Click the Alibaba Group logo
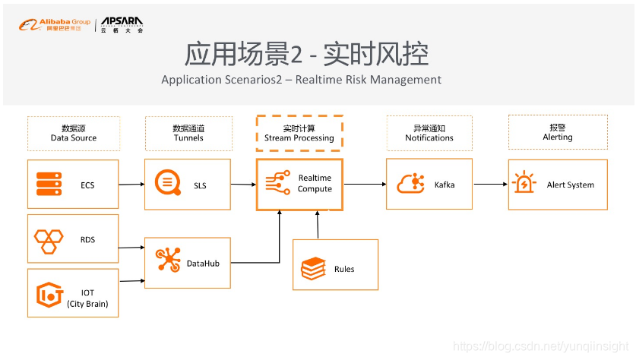point(54,25)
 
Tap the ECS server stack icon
point(49,184)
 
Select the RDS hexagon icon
point(49,239)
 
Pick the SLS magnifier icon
point(168,184)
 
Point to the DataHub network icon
point(168,259)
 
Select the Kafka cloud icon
point(410,184)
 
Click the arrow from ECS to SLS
point(131,184)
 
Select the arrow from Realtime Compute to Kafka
point(364,184)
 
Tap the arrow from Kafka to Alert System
point(490,184)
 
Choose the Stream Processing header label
point(299,137)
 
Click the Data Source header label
point(74,137)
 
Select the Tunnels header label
point(188,137)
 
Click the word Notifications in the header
point(429,137)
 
